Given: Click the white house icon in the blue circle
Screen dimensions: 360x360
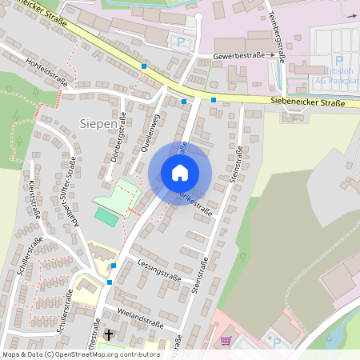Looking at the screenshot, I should pyautogui.click(x=180, y=173).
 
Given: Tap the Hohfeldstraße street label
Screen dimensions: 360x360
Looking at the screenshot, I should pyautogui.click(x=46, y=71).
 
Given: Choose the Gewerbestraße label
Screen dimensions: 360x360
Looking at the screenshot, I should pyautogui.click(x=239, y=57).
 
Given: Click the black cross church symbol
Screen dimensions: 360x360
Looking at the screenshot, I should pyautogui.click(x=109, y=334).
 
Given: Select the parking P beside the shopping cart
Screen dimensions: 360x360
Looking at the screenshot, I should pyautogui.click(x=277, y=342).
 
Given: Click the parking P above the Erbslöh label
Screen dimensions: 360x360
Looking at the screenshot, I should pyautogui.click(x=338, y=60).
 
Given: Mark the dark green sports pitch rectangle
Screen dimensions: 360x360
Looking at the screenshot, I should pyautogui.click(x=105, y=215).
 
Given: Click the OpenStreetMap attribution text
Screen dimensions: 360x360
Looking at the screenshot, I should pyautogui.click(x=80, y=354).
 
